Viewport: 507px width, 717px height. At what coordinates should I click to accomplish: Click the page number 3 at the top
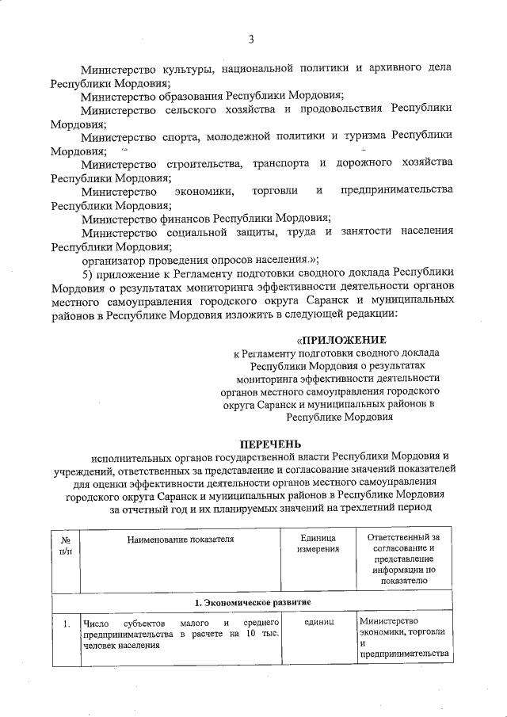tap(251, 39)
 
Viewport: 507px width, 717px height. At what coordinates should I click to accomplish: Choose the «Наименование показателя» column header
tap(181, 539)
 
